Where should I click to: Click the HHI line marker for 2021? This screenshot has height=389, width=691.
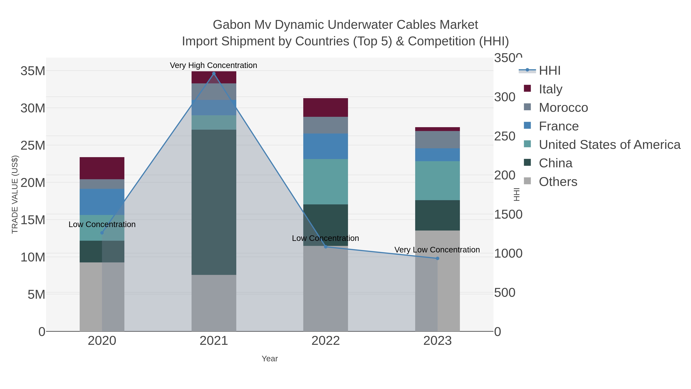(214, 74)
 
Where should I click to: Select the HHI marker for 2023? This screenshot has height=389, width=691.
(437, 258)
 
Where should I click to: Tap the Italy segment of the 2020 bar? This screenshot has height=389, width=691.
(102, 168)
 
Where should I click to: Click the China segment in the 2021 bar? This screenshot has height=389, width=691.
(214, 202)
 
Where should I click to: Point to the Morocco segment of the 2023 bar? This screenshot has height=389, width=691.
(437, 140)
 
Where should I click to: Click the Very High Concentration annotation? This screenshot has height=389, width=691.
(213, 65)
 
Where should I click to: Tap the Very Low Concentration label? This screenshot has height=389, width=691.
(437, 250)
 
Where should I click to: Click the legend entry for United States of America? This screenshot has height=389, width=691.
(609, 145)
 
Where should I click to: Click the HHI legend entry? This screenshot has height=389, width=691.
(549, 71)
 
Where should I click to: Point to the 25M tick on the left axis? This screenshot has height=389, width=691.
(33, 145)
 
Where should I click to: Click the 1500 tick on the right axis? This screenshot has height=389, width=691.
(508, 215)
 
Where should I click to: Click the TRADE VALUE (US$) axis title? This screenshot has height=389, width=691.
(15, 194)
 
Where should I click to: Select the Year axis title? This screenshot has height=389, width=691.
(270, 359)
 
